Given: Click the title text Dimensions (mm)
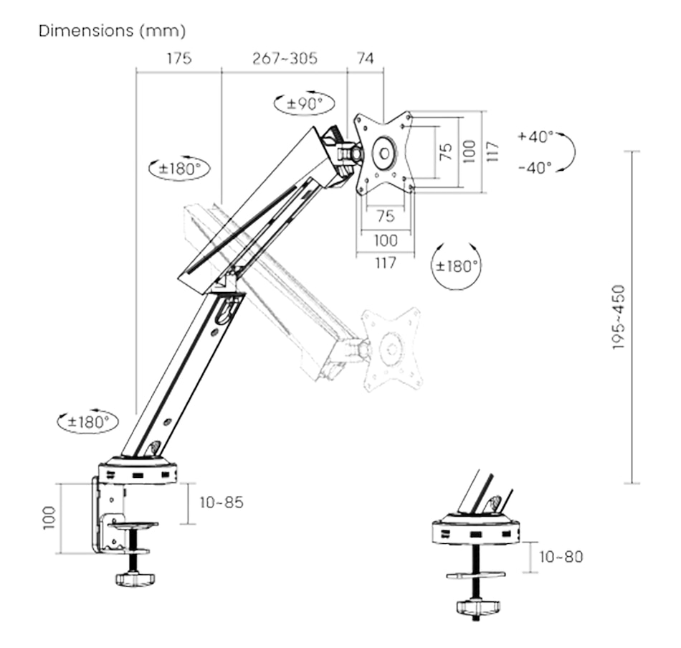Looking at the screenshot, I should (x=112, y=31).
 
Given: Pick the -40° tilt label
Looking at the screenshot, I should (x=535, y=167).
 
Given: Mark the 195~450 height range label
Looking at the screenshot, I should (x=619, y=317).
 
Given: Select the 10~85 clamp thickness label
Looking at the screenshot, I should (x=222, y=502).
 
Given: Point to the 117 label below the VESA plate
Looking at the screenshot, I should (x=385, y=263).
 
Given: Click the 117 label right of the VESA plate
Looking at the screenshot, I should (x=492, y=151).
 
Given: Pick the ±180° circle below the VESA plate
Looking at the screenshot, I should (x=457, y=265).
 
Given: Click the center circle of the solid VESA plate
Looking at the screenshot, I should (x=385, y=152).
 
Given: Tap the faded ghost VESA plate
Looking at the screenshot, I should (x=391, y=349).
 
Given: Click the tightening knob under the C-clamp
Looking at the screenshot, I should (x=135, y=578).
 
